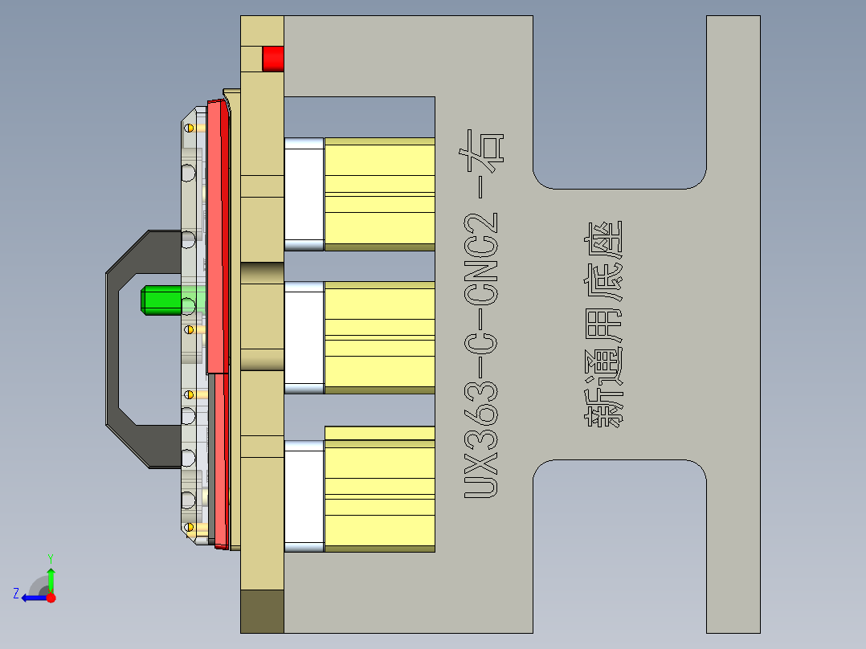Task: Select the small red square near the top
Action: (273, 59)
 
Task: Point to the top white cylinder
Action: (304, 194)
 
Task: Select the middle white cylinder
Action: (304, 337)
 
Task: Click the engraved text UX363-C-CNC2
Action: (482, 353)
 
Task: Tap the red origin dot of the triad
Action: (51, 598)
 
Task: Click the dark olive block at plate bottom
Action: (262, 610)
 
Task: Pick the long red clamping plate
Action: (216, 241)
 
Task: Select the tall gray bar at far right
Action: (733, 321)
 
